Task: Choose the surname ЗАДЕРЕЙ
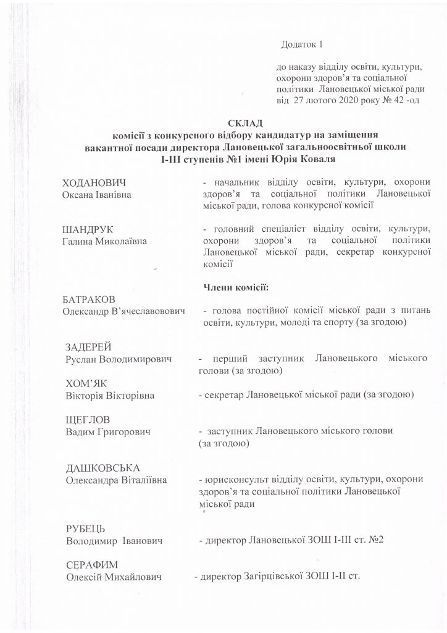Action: coord(92,346)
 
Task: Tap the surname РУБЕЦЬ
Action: coord(86,529)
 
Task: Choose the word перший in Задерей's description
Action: coord(225,359)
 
